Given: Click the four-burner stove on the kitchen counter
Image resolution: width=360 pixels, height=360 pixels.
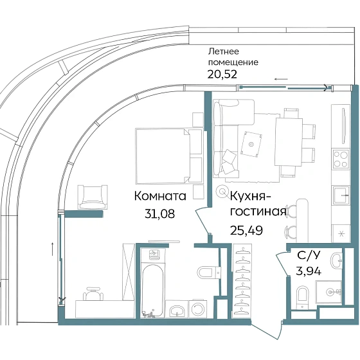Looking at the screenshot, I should coord(339,157).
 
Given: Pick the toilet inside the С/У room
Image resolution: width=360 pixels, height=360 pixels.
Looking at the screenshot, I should coord(301,298).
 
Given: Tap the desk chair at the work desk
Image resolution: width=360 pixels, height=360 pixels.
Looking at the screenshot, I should coord(95,294).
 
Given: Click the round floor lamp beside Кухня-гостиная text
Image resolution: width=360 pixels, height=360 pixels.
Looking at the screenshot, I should coord(222,190).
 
